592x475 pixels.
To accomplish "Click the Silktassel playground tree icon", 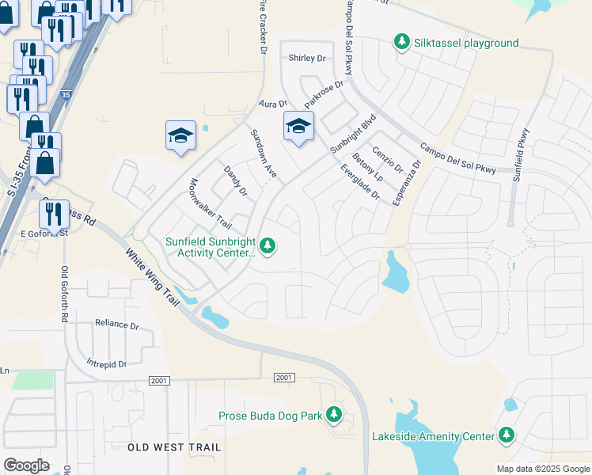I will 402,42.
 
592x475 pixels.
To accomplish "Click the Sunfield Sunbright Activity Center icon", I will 268,246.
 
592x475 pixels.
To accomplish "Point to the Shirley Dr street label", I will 307,58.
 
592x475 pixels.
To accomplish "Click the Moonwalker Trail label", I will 210,201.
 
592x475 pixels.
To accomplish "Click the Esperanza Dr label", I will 407,183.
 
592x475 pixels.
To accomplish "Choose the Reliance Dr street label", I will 116,324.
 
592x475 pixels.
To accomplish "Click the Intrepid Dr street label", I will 107,364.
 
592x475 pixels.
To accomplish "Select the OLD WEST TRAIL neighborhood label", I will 174,447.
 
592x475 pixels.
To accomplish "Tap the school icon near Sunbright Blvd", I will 299,126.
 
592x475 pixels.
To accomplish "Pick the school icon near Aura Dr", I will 180,135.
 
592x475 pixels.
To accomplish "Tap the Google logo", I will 26,465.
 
